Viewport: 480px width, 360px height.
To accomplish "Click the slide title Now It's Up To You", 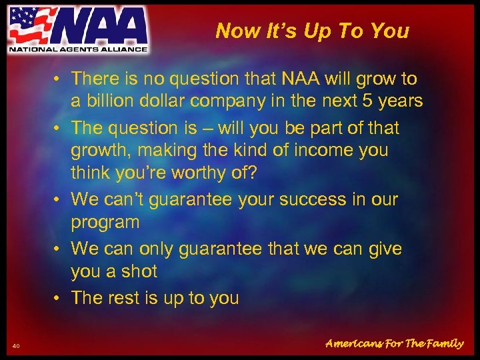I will point(312,31).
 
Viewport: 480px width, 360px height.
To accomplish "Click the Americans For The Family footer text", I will point(393,344).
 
